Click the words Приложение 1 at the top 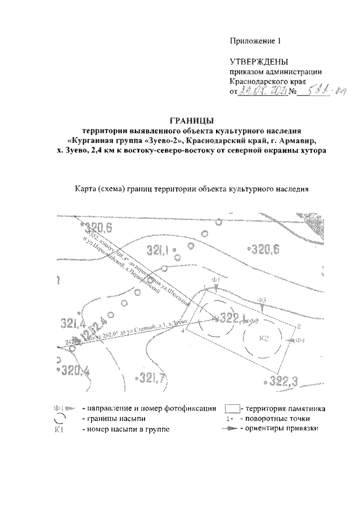(255, 40)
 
